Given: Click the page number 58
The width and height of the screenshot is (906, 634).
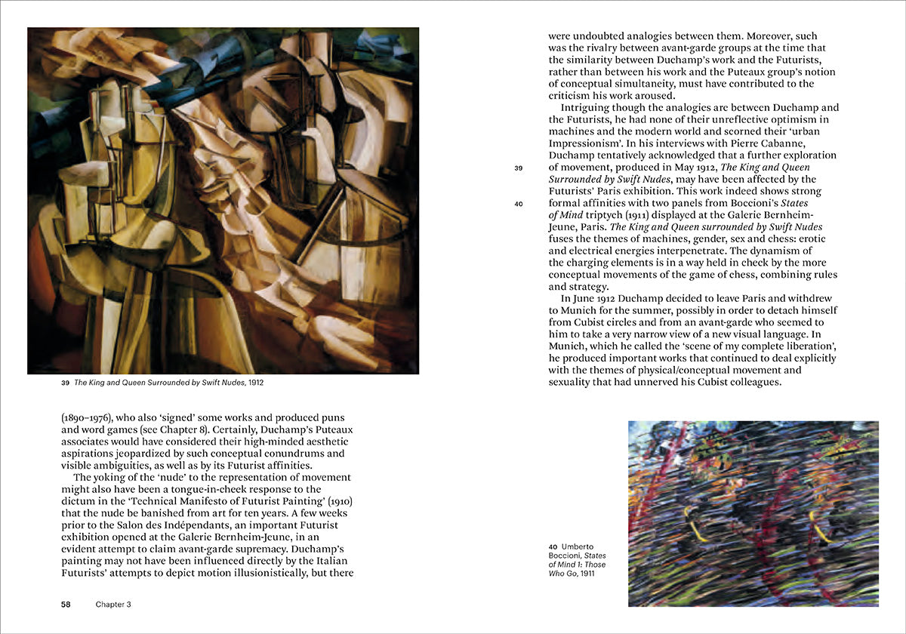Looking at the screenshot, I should click(x=66, y=605).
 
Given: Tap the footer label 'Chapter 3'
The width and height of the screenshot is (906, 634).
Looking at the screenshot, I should click(x=113, y=605).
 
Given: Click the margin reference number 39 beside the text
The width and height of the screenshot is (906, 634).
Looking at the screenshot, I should click(x=519, y=168).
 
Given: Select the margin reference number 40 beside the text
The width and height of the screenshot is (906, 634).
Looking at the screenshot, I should click(x=519, y=204).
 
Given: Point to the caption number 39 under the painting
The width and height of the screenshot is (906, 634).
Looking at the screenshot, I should click(x=65, y=383).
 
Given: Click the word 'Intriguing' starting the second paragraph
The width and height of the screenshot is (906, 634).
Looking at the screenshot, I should click(x=587, y=107).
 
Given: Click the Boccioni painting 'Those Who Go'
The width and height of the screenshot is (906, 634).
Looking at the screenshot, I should click(x=753, y=513).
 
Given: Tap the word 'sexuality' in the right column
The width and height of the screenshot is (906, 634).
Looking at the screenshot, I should click(x=573, y=383).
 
